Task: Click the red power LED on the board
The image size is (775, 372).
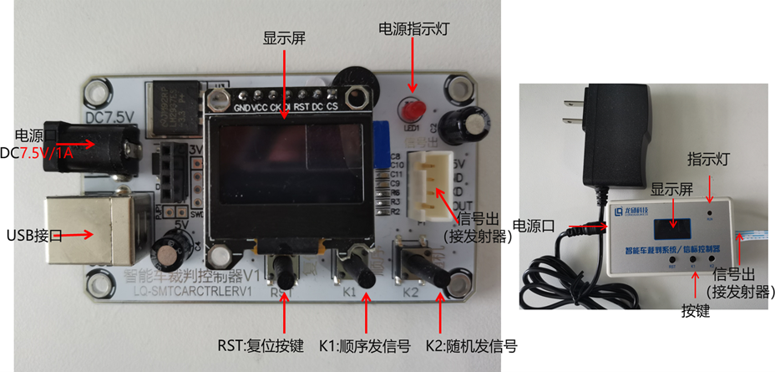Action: click(412, 111)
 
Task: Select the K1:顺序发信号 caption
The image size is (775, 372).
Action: click(364, 345)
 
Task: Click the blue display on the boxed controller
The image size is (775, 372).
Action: click(672, 225)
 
